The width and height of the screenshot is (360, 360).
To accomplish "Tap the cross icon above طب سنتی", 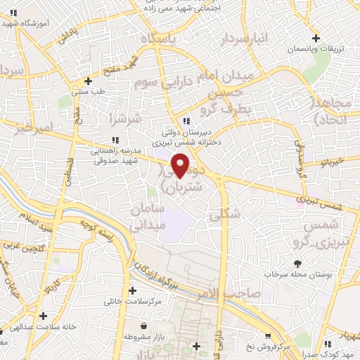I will [88, 81].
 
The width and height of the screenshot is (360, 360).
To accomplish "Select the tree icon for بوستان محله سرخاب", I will [298, 263].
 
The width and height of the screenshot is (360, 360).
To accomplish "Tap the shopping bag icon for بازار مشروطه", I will [144, 327].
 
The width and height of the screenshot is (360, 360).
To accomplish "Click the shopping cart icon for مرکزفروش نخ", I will [266, 337].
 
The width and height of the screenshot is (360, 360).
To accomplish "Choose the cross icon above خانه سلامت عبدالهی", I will [44, 316].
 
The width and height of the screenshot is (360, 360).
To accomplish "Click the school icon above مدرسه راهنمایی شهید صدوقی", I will [114, 139].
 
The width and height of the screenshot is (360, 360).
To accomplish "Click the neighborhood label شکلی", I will [224, 212].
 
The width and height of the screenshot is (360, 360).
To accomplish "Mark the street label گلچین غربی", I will [22, 247].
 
